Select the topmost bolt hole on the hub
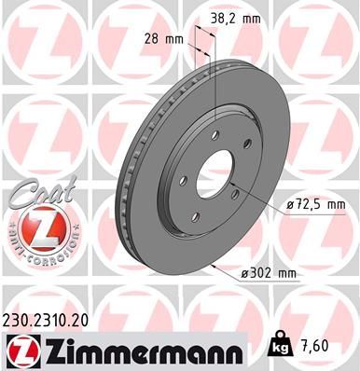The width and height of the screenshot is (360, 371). coord(215,134)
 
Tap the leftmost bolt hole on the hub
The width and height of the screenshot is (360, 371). coord(185,179)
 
